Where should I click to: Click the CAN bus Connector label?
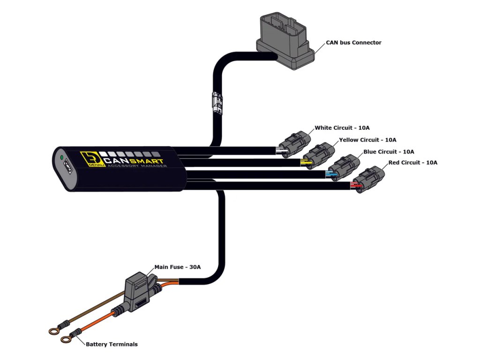[x=353, y=43]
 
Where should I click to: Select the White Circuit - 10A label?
[x=342, y=127]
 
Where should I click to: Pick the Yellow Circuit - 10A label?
[x=367, y=140]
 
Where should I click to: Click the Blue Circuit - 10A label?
[x=389, y=151]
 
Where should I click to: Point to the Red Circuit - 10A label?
[x=412, y=163]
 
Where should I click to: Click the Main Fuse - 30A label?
[x=178, y=267]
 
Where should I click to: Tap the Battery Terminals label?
[x=112, y=344]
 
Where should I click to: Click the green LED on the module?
[x=62, y=157]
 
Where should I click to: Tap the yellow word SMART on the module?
[x=147, y=161]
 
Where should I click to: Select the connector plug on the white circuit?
[x=294, y=144]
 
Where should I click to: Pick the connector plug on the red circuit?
[x=368, y=180]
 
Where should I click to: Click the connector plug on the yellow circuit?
[x=319, y=156]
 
